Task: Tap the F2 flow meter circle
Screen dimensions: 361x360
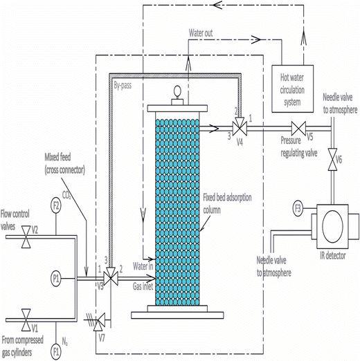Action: (57, 205)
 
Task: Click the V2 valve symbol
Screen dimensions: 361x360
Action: (26, 235)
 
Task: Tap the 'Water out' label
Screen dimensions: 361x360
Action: (206, 33)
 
